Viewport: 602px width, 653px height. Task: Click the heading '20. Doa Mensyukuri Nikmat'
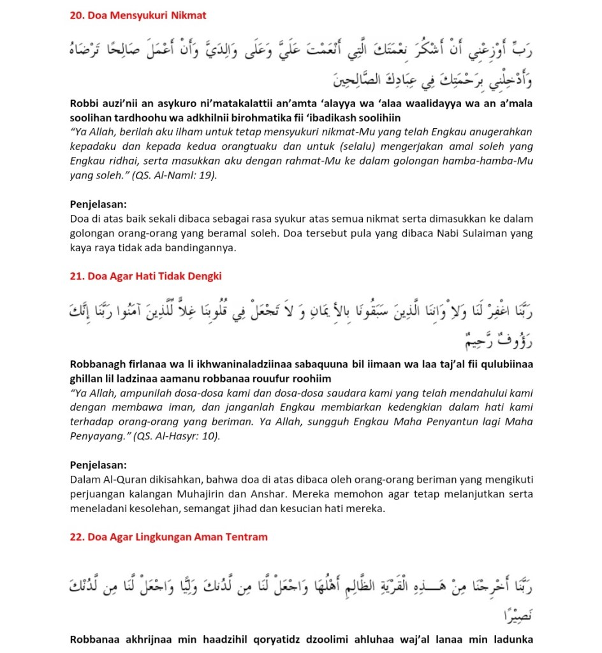pyautogui.click(x=138, y=15)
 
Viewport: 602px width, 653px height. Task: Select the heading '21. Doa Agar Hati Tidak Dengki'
pyautogui.click(x=145, y=276)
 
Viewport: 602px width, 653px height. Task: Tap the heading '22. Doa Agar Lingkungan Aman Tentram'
pyautogui.click(x=168, y=537)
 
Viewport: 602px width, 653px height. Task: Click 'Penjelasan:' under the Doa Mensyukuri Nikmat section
pyautogui.click(x=98, y=205)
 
